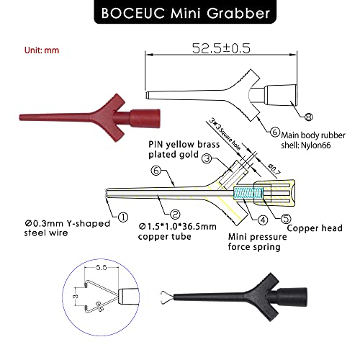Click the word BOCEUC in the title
coord(136,13)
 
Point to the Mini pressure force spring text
coord(256,241)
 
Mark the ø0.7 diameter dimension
coord(273,170)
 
